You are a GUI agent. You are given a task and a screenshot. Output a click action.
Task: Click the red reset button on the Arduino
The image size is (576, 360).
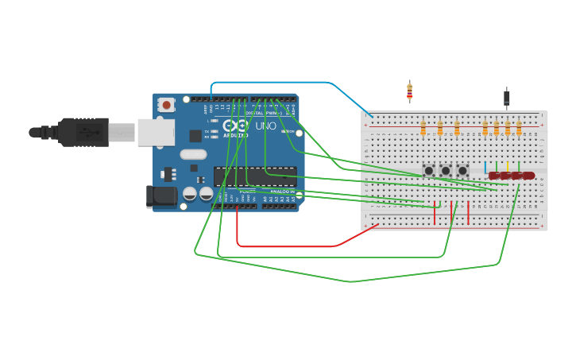(x=166, y=104)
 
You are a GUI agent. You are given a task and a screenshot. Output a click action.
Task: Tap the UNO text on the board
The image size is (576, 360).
(x=265, y=126)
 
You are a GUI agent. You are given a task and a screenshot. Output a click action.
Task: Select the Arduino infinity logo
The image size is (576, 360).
(x=236, y=125)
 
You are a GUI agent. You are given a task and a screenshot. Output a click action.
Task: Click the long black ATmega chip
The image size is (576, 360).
(x=254, y=176)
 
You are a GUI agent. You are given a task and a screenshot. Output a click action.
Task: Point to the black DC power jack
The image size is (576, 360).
(x=161, y=196)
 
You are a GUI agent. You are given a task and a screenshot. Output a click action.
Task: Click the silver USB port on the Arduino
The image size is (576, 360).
(x=155, y=132)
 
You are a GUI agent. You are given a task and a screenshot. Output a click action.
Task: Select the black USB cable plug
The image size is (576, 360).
(x=83, y=132)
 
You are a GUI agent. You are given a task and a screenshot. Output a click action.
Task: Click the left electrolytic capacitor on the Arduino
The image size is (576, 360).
(x=190, y=193)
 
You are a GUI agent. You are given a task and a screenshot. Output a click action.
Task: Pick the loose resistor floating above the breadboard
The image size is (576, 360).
(x=409, y=91)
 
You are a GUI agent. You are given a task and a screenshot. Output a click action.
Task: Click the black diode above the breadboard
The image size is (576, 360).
(x=507, y=98)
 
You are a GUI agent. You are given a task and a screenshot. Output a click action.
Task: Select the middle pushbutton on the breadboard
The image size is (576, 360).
(x=446, y=171)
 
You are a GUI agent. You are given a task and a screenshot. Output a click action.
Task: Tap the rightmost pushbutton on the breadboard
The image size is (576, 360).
(x=462, y=171)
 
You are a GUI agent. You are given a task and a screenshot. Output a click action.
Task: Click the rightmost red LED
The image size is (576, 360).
(x=528, y=176)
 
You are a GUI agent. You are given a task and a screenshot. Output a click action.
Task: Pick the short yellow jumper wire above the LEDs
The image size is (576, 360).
(x=507, y=166)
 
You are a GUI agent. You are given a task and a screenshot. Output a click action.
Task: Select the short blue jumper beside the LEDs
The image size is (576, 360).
(x=485, y=166)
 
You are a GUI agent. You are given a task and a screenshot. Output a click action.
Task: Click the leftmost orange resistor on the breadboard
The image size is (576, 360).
(x=423, y=127)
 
